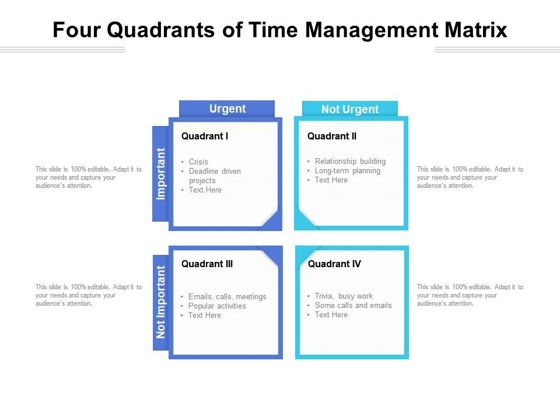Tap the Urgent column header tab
click(227, 108)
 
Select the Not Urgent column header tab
click(349, 109)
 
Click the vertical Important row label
click(161, 173)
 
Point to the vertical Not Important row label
click(161, 302)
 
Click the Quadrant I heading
click(205, 136)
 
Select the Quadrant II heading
click(332, 136)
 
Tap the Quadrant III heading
click(207, 264)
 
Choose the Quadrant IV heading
click(334, 264)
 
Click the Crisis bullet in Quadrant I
click(198, 162)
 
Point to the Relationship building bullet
click(350, 161)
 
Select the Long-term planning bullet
click(347, 171)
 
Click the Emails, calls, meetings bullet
click(227, 296)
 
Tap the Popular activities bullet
click(217, 306)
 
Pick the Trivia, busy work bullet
click(344, 296)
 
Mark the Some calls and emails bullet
click(353, 305)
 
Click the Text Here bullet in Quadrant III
click(205, 315)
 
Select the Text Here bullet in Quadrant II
click(331, 180)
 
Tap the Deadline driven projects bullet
click(214, 176)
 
